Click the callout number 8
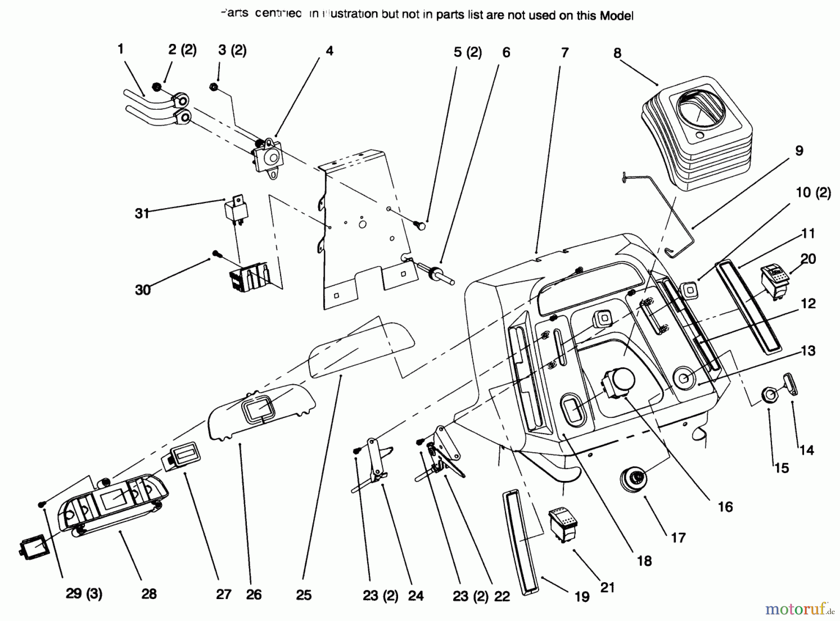[617, 53]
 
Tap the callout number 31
[142, 213]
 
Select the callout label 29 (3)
[84, 594]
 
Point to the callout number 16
[725, 507]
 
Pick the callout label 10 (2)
[813, 192]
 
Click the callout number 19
[582, 597]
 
